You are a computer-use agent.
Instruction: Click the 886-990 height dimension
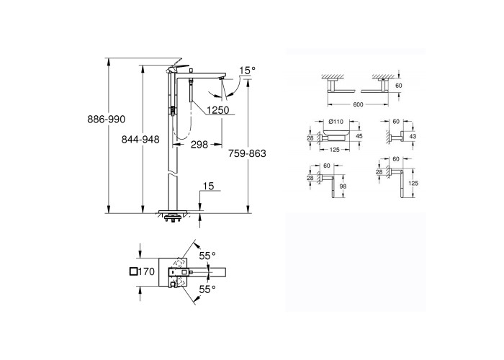[x=107, y=120]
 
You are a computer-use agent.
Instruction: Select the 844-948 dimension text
[x=140, y=140]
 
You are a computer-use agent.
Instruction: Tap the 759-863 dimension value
[x=247, y=153]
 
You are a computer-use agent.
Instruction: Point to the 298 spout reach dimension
[x=199, y=145]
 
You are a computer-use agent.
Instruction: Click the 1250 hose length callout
[x=217, y=110]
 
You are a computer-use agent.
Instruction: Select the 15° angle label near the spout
[x=247, y=70]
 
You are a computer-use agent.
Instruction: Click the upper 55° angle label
[x=207, y=256]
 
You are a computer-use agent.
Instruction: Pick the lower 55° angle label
[x=207, y=289]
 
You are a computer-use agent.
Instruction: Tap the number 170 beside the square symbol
[x=147, y=271]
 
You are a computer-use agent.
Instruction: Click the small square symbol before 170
[x=133, y=271]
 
